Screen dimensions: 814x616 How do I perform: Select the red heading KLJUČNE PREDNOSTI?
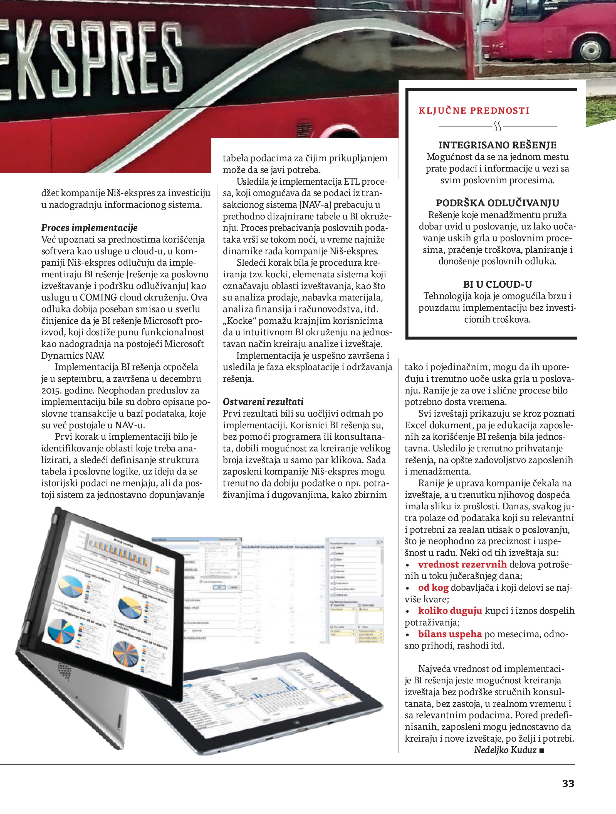(474, 110)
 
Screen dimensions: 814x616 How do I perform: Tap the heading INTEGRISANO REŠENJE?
(498, 145)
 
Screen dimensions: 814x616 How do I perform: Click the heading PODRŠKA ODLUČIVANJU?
(498, 203)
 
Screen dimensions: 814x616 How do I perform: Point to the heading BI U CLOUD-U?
(498, 284)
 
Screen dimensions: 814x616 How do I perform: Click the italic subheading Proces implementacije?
(89, 228)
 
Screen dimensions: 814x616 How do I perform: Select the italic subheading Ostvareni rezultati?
(263, 402)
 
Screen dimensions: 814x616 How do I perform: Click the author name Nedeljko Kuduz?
(505, 750)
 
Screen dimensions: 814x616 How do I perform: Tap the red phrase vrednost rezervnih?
(462, 564)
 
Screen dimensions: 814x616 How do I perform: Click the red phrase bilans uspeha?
(450, 634)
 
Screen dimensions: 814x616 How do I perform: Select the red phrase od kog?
(433, 588)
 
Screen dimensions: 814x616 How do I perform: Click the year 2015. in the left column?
(50, 390)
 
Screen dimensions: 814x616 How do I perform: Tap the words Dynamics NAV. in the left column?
(73, 355)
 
